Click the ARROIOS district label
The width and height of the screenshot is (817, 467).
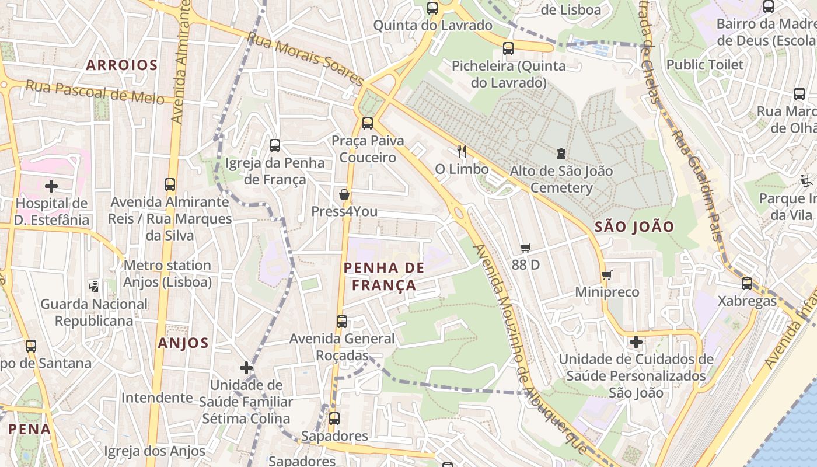pos(122,65)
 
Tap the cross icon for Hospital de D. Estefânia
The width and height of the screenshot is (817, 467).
pos(51,186)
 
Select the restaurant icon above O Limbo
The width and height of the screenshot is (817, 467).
pos(462,152)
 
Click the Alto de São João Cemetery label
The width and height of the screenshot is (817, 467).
pos(561,179)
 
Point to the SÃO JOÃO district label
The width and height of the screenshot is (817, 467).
pos(634,227)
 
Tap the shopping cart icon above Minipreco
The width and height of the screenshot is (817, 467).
pos(606,275)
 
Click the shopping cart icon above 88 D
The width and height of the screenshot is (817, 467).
pos(526,248)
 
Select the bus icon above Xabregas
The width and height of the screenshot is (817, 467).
pos(747,284)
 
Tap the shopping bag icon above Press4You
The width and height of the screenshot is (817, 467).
pos(344,194)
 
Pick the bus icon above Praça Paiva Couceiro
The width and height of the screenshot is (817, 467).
pos(368,123)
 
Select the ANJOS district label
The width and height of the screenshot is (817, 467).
pos(183,343)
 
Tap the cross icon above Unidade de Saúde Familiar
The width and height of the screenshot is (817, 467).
pos(246,368)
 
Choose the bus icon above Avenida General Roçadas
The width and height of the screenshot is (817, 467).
pos(342,322)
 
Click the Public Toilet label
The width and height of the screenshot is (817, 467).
pos(705,65)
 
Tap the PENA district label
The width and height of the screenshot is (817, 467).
pos(29,429)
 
